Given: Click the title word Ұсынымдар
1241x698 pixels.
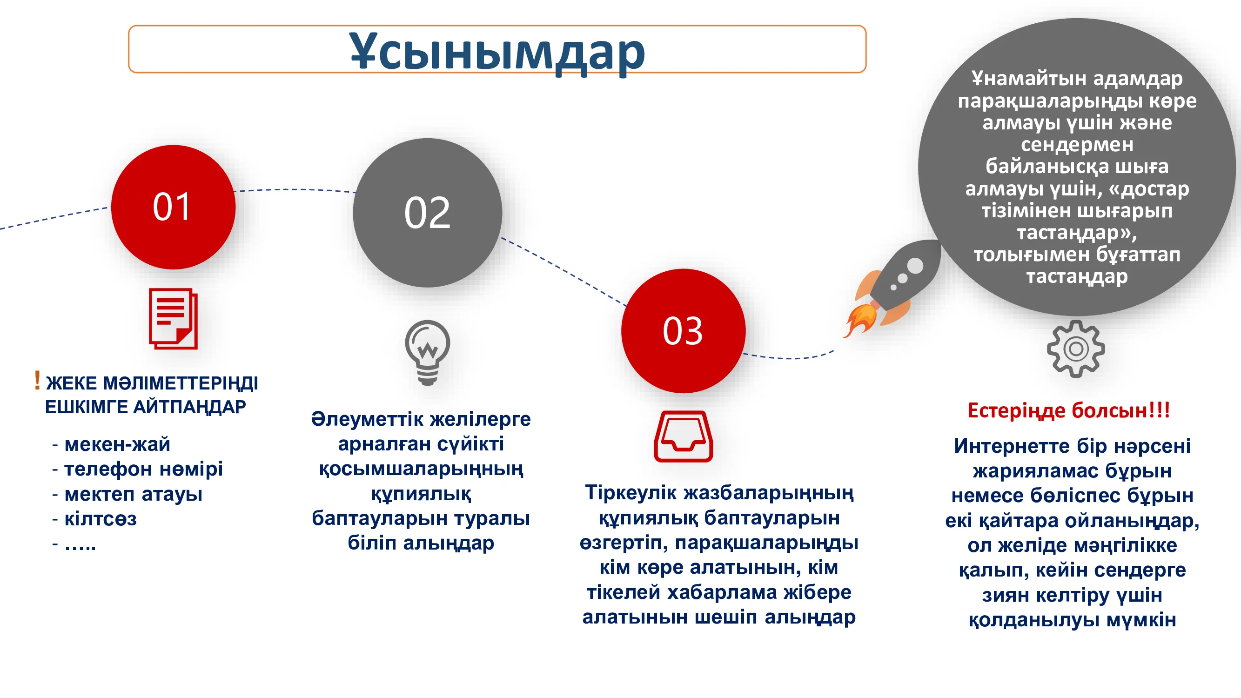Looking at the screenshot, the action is pyautogui.click(x=496, y=52).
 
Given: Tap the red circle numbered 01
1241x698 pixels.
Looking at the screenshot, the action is pyautogui.click(x=174, y=207).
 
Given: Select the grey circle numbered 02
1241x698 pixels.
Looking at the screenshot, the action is pyautogui.click(x=427, y=213).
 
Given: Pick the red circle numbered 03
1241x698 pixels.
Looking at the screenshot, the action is pyautogui.click(x=683, y=331).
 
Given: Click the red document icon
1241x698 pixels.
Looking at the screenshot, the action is pyautogui.click(x=174, y=319).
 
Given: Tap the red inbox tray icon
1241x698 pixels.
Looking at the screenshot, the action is pyautogui.click(x=683, y=436).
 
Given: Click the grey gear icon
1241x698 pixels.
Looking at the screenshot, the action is pyautogui.click(x=1076, y=349).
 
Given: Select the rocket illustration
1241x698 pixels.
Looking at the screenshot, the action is pyautogui.click(x=892, y=288).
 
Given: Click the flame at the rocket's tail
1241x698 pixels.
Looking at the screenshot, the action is pyautogui.click(x=859, y=319).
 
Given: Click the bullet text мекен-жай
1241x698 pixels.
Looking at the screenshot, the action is pyautogui.click(x=118, y=444).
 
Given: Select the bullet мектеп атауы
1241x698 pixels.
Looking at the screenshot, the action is pyautogui.click(x=134, y=495).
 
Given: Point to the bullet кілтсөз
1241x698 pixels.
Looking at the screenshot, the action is pyautogui.click(x=101, y=519).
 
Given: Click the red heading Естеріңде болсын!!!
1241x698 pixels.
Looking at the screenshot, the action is pyautogui.click(x=1069, y=410).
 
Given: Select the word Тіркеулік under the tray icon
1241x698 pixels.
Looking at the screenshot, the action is pyautogui.click(x=631, y=493).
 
